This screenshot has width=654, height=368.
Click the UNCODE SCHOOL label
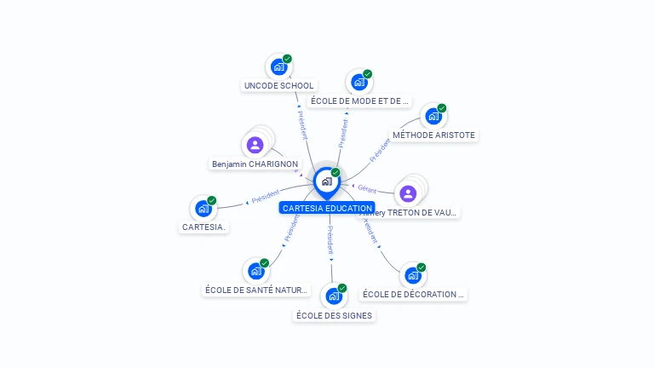click(x=278, y=85)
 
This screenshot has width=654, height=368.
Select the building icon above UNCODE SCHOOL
click(x=278, y=66)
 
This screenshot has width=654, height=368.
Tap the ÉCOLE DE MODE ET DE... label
click(x=359, y=101)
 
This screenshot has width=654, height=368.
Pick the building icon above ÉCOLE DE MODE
click(x=359, y=83)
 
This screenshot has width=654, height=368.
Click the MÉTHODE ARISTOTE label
click(x=433, y=135)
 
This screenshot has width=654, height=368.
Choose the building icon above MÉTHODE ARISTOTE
click(x=433, y=116)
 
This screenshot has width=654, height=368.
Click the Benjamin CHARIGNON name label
click(x=255, y=164)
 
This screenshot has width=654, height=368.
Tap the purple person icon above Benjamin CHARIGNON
click(x=255, y=145)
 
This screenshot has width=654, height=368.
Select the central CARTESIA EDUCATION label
click(x=327, y=208)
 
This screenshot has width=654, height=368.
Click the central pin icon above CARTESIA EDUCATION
click(x=326, y=181)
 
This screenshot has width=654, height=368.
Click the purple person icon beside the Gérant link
click(x=408, y=193)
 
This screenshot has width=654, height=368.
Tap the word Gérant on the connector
click(x=367, y=188)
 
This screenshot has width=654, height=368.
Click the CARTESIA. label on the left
click(x=204, y=227)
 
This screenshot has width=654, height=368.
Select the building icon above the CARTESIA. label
click(x=203, y=208)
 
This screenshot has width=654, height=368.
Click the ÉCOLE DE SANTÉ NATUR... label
click(x=256, y=290)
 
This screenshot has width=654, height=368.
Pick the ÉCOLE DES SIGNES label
click(x=334, y=315)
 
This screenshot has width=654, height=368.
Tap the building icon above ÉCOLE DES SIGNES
click(x=333, y=296)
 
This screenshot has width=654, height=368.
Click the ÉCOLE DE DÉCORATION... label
click(x=414, y=294)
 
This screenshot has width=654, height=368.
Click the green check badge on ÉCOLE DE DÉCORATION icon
click(x=421, y=267)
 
